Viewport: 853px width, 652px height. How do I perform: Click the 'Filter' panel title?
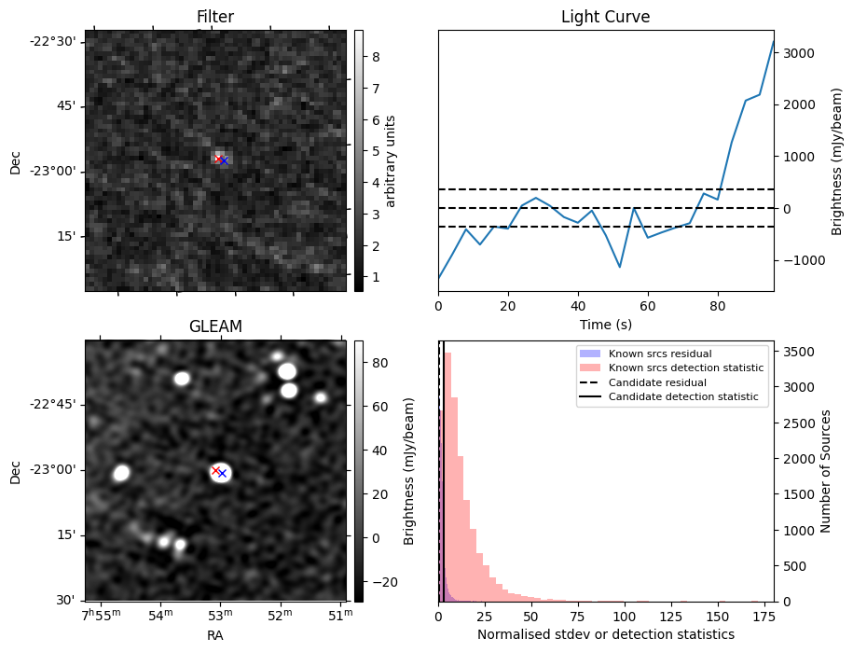coord(215,17)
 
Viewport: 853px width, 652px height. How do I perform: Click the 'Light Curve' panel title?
coord(605,17)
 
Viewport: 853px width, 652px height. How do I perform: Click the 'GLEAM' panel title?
coord(215,326)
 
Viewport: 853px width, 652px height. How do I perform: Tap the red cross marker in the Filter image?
coord(218,159)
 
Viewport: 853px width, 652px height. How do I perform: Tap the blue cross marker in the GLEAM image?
coord(222,474)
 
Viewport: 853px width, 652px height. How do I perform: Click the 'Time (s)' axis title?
coord(605,324)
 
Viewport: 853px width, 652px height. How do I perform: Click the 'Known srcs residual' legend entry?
coord(659,354)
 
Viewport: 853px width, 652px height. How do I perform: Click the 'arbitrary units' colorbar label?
coord(391,160)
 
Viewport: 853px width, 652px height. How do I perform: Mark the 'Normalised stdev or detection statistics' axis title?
coord(605,634)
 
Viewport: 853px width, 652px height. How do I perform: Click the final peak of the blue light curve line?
coord(774,41)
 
